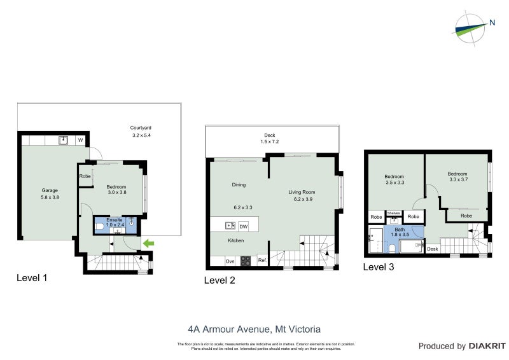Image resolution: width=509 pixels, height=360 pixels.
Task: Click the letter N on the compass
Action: pos(492,24)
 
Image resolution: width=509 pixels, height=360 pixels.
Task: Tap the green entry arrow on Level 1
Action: pos(148,243)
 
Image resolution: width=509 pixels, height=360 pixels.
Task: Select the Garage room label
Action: pos(50,190)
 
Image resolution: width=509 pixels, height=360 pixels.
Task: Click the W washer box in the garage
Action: pos(81,140)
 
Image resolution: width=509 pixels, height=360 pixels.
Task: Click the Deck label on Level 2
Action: pos(270,134)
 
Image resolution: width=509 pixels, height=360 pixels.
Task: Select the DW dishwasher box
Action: pos(243,226)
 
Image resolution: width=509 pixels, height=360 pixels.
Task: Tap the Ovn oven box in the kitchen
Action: pos(230,261)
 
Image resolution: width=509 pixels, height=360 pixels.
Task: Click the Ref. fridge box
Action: pos(261,260)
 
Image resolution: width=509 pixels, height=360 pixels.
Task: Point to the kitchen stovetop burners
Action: pos(246,260)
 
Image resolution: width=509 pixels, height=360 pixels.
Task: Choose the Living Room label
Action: pos(302,192)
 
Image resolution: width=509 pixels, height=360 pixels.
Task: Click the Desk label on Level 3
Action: pos(432,249)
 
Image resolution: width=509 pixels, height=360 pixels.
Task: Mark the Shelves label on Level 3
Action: pos(393,213)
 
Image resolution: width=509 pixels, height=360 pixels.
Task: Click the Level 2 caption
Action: pos(220,280)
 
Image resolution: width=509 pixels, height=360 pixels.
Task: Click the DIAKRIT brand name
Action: pos(487,346)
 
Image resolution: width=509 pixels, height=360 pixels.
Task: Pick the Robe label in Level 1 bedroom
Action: pos(84,176)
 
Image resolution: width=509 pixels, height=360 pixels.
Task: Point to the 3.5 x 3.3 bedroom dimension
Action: pos(395,182)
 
